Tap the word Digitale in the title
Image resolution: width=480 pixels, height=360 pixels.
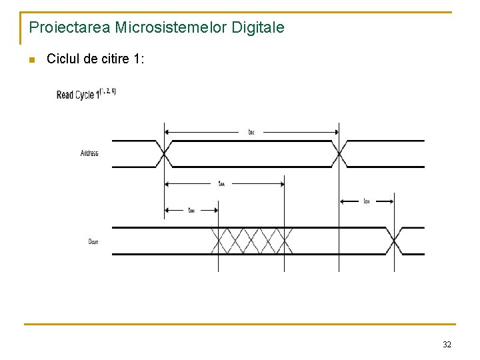(x=257, y=28)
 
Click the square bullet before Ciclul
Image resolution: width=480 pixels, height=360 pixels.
(x=31, y=60)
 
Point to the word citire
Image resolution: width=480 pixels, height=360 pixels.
(x=111, y=59)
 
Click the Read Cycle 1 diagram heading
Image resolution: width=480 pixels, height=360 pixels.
(x=77, y=95)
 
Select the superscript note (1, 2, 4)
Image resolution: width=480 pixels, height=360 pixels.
(x=108, y=91)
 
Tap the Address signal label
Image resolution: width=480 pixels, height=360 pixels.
(x=89, y=153)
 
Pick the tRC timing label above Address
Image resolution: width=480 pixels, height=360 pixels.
(x=251, y=132)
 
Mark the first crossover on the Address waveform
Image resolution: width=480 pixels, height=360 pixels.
(x=164, y=153)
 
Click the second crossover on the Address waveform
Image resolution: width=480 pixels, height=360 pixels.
(x=339, y=153)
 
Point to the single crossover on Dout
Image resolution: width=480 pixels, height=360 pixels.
(x=393, y=241)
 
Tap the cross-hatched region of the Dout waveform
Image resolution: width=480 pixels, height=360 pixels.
(x=251, y=241)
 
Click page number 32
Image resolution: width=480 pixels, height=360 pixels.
(x=447, y=345)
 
